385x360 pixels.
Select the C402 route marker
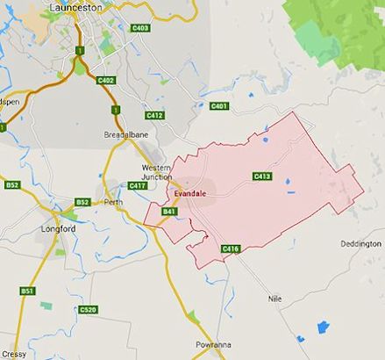107,80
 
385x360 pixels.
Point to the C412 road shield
155,115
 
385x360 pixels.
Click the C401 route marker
219,106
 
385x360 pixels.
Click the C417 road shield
138,185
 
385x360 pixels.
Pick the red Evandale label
190,193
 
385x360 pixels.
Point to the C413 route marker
261,176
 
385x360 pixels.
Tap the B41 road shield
170,212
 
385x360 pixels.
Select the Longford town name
60,229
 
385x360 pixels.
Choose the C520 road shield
88,309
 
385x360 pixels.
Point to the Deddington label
360,243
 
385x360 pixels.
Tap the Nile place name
275,299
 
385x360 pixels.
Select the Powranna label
214,345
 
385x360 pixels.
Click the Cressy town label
13,354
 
